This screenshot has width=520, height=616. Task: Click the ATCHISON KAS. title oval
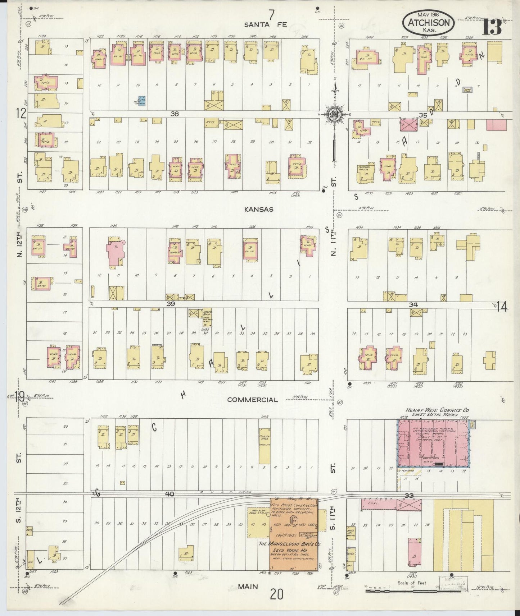click(x=428, y=22)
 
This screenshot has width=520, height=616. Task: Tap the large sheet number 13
click(x=492, y=26)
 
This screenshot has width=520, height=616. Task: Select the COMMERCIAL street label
click(x=253, y=400)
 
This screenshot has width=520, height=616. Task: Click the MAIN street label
click(x=248, y=587)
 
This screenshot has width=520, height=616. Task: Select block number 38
click(x=175, y=114)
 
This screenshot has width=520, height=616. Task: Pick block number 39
click(x=170, y=304)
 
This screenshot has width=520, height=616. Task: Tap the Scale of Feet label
click(x=412, y=583)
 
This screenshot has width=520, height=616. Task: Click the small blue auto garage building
click(x=142, y=101)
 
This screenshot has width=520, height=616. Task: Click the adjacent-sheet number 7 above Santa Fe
click(x=271, y=15)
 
